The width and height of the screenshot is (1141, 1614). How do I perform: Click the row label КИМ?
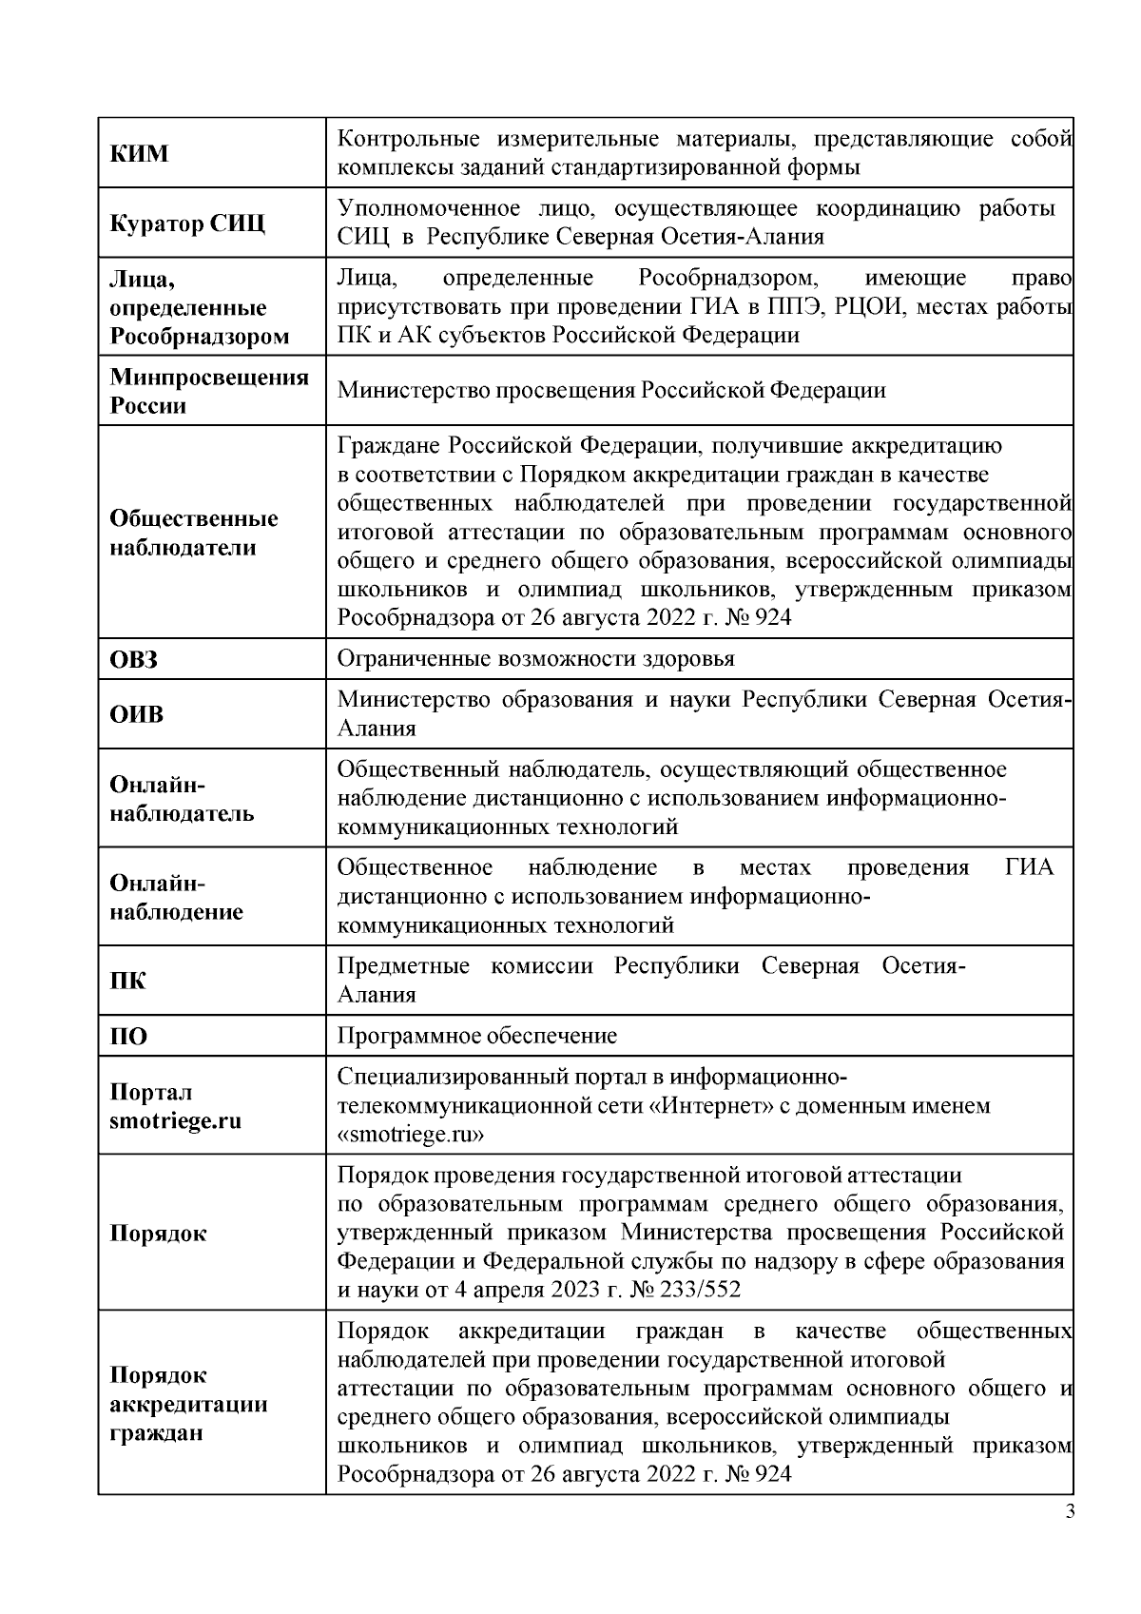[139, 153]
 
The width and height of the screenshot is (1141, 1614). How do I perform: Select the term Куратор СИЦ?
[187, 224]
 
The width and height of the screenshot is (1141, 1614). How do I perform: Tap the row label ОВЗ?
[134, 659]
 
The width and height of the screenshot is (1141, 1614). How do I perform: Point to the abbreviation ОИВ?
[137, 714]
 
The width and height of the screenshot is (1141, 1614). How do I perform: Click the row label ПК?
[128, 981]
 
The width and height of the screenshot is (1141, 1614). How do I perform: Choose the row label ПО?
[129, 1036]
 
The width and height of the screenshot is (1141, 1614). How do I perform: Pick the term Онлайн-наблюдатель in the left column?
[182, 799]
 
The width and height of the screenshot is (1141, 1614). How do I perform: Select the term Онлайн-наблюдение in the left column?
[177, 897]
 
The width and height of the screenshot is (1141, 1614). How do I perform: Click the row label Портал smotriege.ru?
[175, 1106]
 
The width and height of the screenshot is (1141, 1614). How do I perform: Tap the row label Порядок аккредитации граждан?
[188, 1404]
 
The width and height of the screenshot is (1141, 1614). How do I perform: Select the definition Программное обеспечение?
[477, 1036]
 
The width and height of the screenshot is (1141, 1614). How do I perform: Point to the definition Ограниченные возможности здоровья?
[536, 659]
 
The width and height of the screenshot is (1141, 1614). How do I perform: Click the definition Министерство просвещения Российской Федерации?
[611, 390]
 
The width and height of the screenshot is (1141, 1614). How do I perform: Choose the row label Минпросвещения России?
[209, 391]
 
